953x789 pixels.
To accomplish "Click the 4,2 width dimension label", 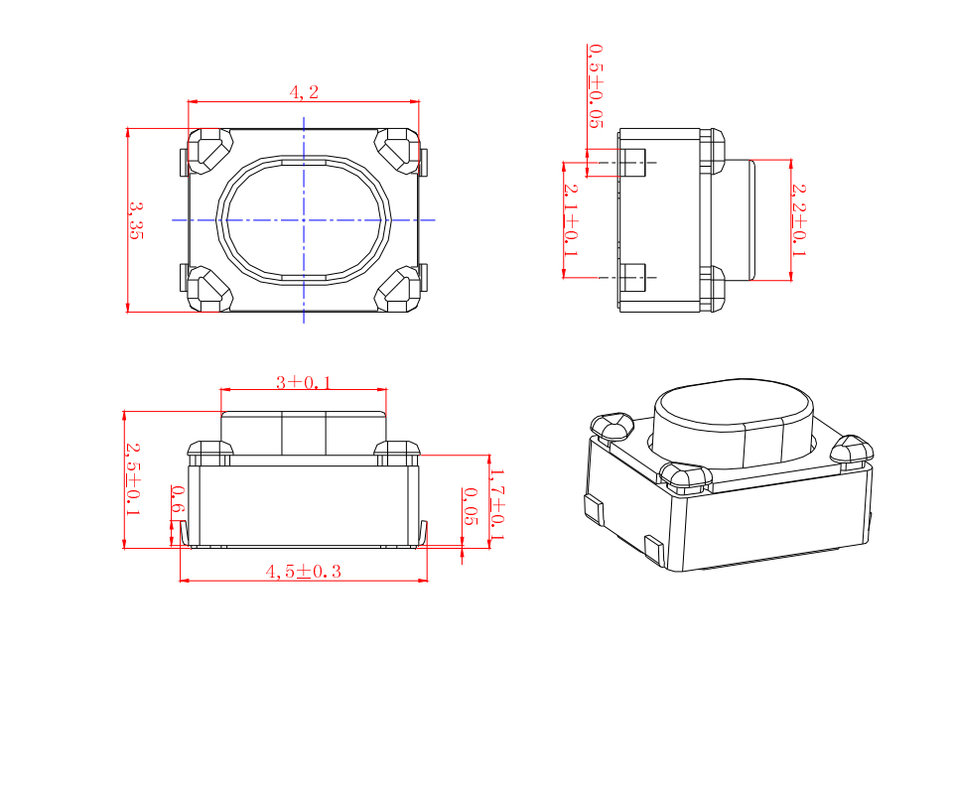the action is click(304, 91).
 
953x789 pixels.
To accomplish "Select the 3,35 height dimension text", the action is click(136, 220).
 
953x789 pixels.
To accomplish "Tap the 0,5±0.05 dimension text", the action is click(596, 85).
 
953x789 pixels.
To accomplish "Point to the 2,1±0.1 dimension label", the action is click(571, 220).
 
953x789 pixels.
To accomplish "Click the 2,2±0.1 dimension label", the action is click(798, 220).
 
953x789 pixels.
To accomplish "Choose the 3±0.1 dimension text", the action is click(304, 382).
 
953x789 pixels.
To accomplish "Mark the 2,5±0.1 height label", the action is click(133, 479).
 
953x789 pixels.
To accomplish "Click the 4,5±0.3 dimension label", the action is click(304, 572).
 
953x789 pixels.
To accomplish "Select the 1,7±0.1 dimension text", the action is click(497, 504).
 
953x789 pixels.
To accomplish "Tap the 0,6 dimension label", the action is click(178, 499).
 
